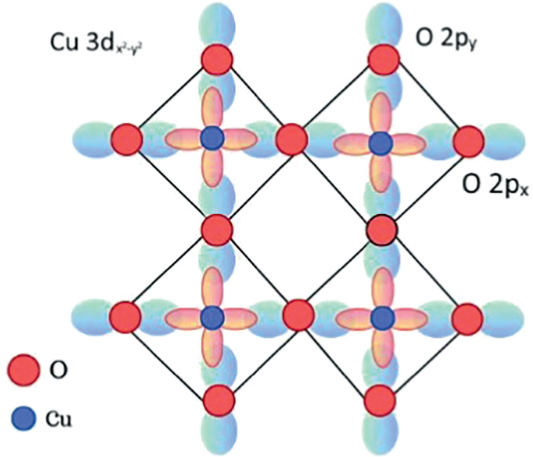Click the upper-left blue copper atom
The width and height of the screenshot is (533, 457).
pyautogui.click(x=212, y=141)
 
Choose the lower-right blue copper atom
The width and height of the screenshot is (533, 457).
pyautogui.click(x=381, y=317)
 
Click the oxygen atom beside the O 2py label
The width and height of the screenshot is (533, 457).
pyautogui.click(x=381, y=58)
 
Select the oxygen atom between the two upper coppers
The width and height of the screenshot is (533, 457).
pyautogui.click(x=294, y=141)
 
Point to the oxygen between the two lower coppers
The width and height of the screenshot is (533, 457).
pyautogui.click(x=296, y=315)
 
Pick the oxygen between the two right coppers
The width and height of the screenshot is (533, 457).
pyautogui.click(x=382, y=230)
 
